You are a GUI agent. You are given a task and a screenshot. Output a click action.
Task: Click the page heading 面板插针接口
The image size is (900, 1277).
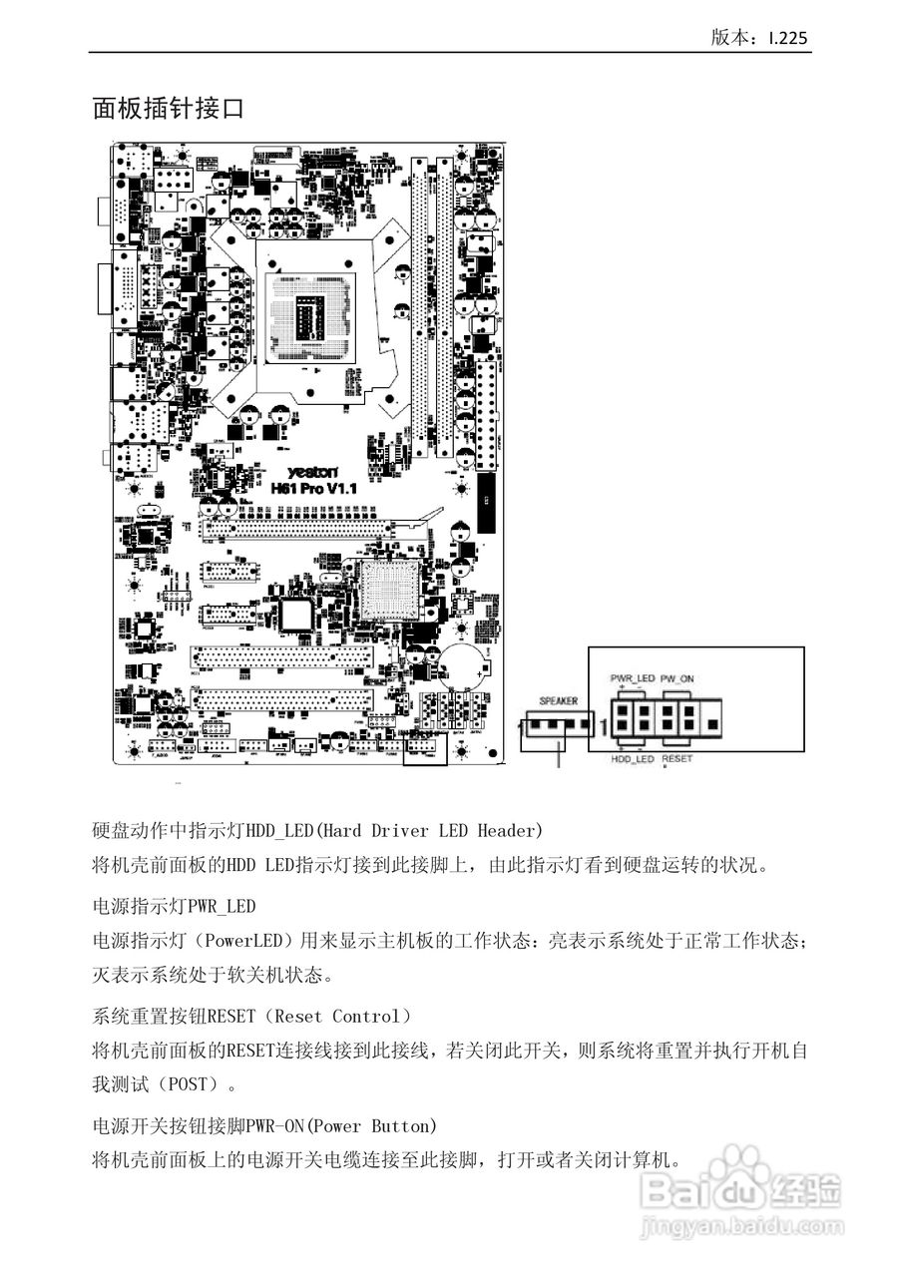click(168, 109)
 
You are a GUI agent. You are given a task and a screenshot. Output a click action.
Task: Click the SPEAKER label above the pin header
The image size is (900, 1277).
click(558, 700)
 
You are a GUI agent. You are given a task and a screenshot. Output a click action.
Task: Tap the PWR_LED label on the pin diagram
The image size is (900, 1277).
click(633, 678)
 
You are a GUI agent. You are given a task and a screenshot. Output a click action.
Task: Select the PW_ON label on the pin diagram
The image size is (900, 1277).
click(678, 678)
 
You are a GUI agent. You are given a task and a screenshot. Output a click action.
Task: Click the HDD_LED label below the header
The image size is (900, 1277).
click(633, 760)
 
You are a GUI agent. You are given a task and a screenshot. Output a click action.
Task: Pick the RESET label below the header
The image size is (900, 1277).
click(677, 760)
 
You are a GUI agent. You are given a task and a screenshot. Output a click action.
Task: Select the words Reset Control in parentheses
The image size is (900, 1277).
click(329, 1017)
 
